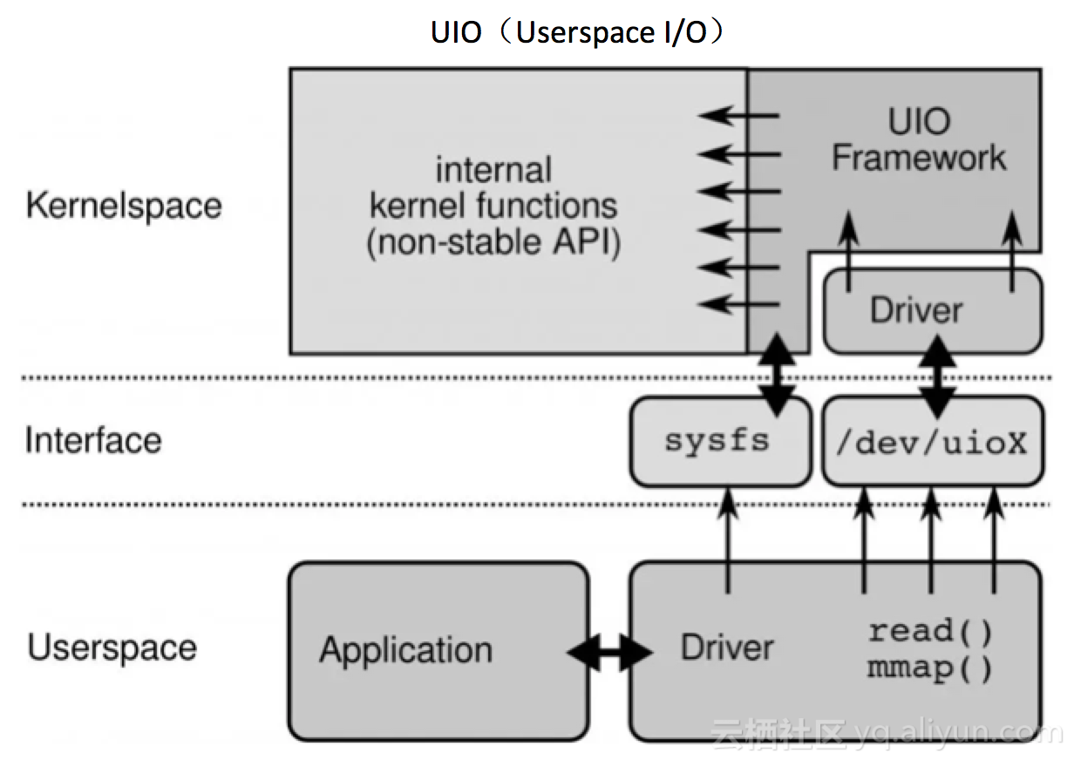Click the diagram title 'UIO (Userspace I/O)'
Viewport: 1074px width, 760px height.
click(x=577, y=32)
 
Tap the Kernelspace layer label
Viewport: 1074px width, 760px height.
click(x=124, y=206)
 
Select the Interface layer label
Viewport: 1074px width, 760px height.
click(x=93, y=439)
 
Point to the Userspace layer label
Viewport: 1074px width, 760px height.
click(x=112, y=648)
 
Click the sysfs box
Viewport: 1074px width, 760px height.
click(x=721, y=442)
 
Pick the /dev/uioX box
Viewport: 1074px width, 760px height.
click(x=933, y=442)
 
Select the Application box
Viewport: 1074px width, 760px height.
click(x=438, y=651)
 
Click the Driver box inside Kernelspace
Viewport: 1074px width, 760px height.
click(x=933, y=311)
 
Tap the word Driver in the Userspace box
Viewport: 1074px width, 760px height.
click(x=727, y=648)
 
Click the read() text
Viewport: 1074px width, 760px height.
click(x=929, y=630)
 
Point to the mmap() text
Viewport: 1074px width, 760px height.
click(x=929, y=668)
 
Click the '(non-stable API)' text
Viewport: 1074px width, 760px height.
click(x=493, y=242)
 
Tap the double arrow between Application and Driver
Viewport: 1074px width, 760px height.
click(x=609, y=652)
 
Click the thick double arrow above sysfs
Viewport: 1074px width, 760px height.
click(x=777, y=375)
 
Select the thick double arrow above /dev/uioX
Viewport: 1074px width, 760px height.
click(x=937, y=377)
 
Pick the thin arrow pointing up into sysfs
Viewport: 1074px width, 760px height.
click(x=728, y=540)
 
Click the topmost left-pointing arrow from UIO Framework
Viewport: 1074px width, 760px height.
click(x=738, y=116)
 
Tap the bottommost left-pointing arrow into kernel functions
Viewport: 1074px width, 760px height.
click(x=738, y=304)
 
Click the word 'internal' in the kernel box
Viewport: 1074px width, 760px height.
click(x=493, y=169)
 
